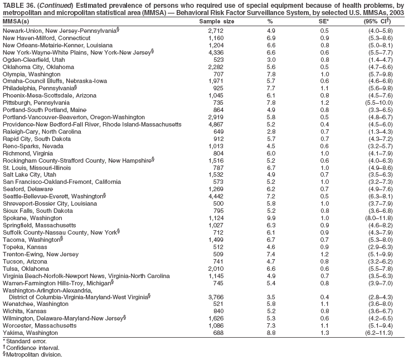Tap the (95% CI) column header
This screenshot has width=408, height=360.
(378, 21)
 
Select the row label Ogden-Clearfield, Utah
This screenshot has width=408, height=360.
(34, 59)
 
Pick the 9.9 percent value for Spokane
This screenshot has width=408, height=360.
(271, 217)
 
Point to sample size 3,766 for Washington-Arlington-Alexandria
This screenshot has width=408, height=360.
(215, 296)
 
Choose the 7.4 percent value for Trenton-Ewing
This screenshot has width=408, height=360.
(271, 254)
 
